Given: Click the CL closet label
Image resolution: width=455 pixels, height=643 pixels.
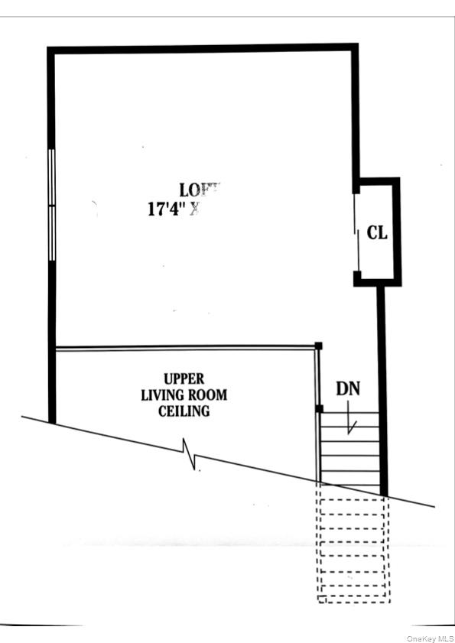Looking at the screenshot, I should pyautogui.click(x=377, y=233).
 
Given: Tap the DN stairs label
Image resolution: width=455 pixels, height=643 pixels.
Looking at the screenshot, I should pyautogui.click(x=347, y=388).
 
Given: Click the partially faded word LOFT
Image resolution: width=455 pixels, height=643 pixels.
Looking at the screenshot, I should pyautogui.click(x=200, y=190).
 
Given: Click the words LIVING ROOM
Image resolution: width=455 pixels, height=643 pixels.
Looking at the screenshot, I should pyautogui.click(x=184, y=395).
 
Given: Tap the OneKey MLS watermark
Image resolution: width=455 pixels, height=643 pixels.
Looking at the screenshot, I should pyautogui.click(x=430, y=638).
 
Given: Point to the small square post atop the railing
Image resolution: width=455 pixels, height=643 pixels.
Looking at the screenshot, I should pyautogui.click(x=319, y=346).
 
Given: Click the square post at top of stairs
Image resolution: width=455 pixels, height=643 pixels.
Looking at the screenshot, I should pyautogui.click(x=320, y=410).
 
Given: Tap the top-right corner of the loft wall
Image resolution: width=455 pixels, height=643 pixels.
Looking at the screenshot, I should pyautogui.click(x=354, y=48).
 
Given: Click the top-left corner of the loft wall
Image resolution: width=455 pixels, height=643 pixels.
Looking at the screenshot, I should pyautogui.click(x=51, y=51).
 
